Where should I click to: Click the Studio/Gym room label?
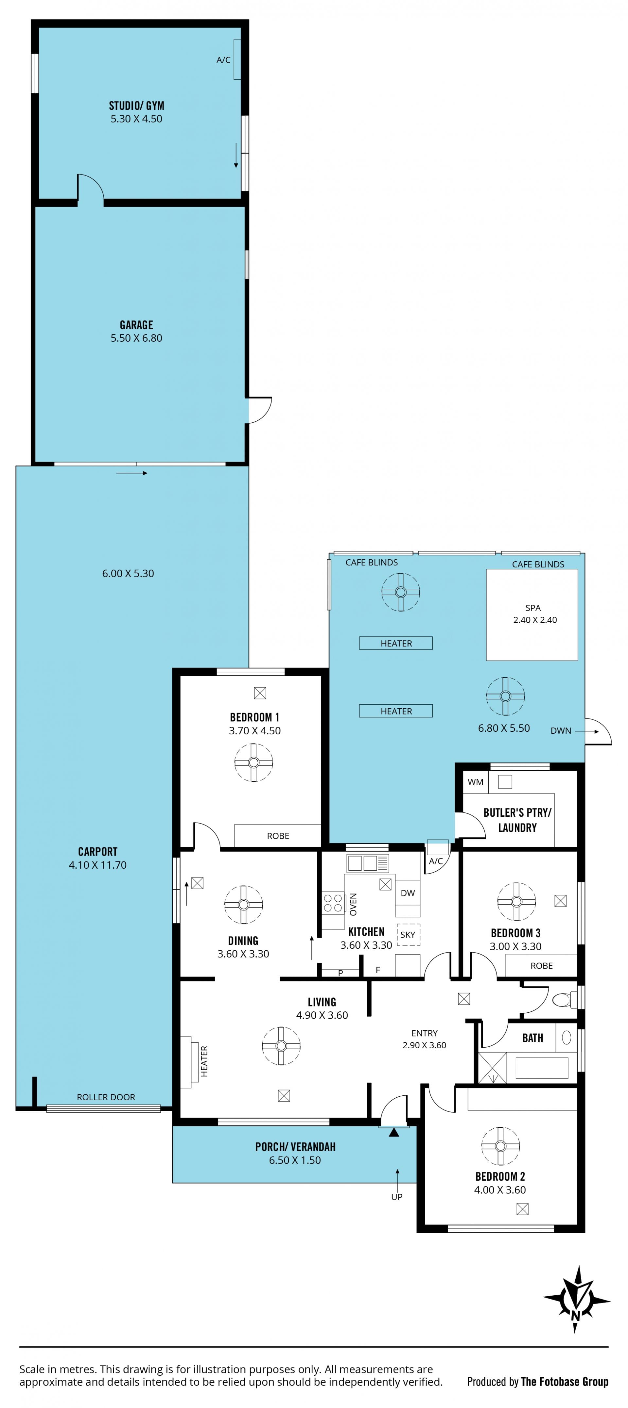point(136,106)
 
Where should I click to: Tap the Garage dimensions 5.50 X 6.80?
point(136,338)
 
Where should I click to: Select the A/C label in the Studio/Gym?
point(223,60)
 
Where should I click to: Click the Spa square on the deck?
point(532,615)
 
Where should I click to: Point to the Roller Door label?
point(106,1097)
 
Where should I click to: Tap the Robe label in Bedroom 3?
point(542,966)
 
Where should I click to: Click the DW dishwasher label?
point(408,893)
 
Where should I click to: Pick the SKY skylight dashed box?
point(408,935)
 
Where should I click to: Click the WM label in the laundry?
point(475,782)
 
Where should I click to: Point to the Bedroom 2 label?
point(500,1176)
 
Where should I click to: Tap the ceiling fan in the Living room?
point(281,1046)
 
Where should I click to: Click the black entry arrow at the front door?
point(394,1133)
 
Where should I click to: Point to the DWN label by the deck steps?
point(561,731)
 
